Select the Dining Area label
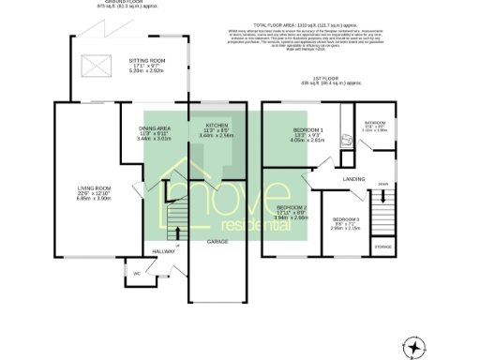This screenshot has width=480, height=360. pyautogui.click(x=155, y=127)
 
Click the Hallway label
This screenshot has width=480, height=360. pyautogui.click(x=164, y=250)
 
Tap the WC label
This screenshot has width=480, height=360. pyautogui.click(x=137, y=274)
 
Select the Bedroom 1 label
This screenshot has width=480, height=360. pyautogui.click(x=307, y=128)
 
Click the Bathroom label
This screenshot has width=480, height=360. pyautogui.click(x=375, y=122)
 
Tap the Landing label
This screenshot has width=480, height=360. pyautogui.click(x=353, y=177)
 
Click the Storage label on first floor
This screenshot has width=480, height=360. pyautogui.click(x=383, y=247)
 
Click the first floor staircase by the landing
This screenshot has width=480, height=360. pyautogui.click(x=382, y=204)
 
